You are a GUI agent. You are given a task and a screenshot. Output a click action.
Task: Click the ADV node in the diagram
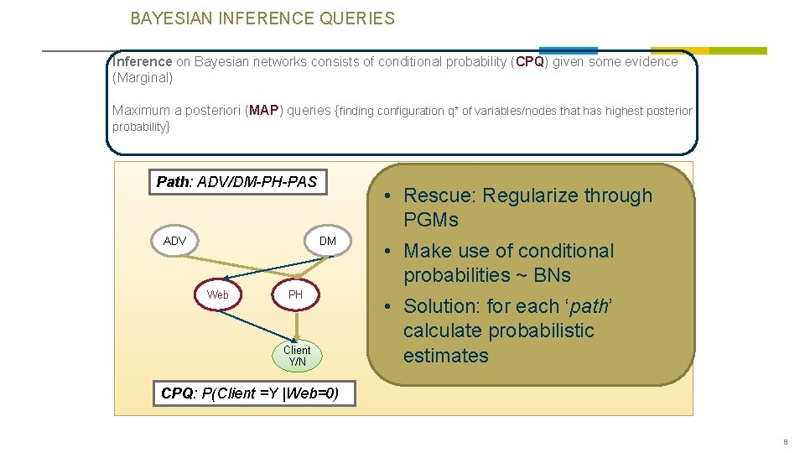pos(174,241)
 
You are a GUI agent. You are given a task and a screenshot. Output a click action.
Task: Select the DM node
pos(327,241)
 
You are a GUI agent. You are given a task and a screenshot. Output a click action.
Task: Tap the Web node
pos(217,294)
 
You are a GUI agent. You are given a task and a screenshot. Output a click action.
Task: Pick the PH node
pos(295,294)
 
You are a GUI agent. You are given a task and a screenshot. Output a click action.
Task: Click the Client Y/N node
pos(296,356)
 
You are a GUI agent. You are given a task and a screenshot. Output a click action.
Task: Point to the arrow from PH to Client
pos(295,323)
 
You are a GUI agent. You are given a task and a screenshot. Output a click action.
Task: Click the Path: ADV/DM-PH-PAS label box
pos(237,182)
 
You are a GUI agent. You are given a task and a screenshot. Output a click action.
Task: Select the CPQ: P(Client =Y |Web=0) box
pos(250,393)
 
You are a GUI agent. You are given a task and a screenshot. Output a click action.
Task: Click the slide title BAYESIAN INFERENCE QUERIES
pos(262,18)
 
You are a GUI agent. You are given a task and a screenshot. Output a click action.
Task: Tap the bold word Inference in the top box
pos(142,61)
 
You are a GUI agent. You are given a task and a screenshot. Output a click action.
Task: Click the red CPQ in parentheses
pos(530,61)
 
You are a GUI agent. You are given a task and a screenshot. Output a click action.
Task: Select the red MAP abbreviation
pos(263,110)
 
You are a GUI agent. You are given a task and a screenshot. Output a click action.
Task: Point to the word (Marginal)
pos(143,78)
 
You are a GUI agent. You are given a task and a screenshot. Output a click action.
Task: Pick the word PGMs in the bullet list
pos(431,220)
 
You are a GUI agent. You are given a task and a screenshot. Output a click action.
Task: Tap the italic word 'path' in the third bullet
pos(588,306)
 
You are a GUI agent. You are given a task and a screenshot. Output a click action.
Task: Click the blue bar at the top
pos(568,50)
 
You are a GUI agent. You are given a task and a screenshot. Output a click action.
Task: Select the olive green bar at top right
pos(709,50)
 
